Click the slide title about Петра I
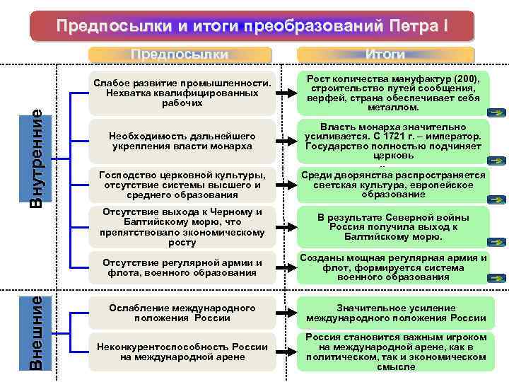252,26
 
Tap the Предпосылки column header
180,54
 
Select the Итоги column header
385,54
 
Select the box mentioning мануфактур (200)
393,93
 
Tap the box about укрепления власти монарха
182,140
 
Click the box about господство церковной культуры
182,185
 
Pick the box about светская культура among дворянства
393,185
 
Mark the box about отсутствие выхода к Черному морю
182,227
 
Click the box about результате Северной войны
393,227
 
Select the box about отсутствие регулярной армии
182,268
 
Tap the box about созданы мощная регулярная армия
393,268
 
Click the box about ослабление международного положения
182,313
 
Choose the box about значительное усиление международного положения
393,313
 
